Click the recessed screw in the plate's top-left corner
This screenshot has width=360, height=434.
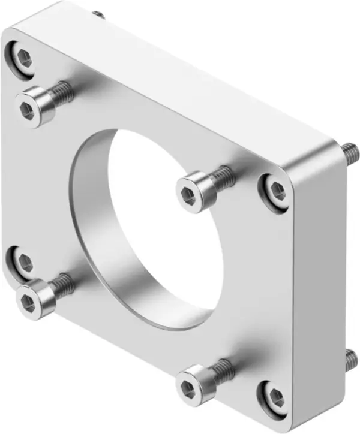tap(23, 58)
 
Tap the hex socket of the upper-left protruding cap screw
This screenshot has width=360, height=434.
tap(27, 108)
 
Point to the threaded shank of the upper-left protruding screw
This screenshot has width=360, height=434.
tap(60, 92)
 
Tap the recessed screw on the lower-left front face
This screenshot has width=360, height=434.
tap(23, 261)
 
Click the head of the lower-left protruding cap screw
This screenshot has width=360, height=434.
tap(31, 299)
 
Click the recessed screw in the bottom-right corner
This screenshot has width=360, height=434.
tap(276, 397)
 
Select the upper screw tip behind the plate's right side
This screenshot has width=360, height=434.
tap(348, 152)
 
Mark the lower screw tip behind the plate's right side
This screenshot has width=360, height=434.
tap(350, 360)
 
